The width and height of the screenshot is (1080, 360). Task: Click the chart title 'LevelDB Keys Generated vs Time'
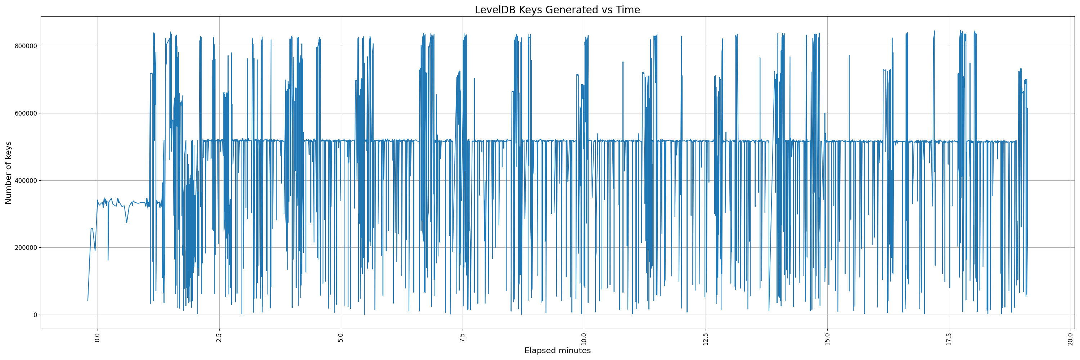coord(557,10)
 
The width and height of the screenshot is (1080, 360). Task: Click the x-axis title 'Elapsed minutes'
coord(557,351)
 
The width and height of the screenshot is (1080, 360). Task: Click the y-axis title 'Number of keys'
coord(8,173)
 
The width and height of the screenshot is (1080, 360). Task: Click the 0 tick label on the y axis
coord(35,315)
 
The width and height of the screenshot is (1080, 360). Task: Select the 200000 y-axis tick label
coord(25,248)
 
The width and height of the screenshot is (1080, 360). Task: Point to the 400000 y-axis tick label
coord(25,181)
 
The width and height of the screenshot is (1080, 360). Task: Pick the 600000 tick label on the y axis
coord(25,113)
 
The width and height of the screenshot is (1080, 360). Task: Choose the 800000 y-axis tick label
coord(25,46)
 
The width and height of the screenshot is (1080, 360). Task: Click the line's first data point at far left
coord(87,301)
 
